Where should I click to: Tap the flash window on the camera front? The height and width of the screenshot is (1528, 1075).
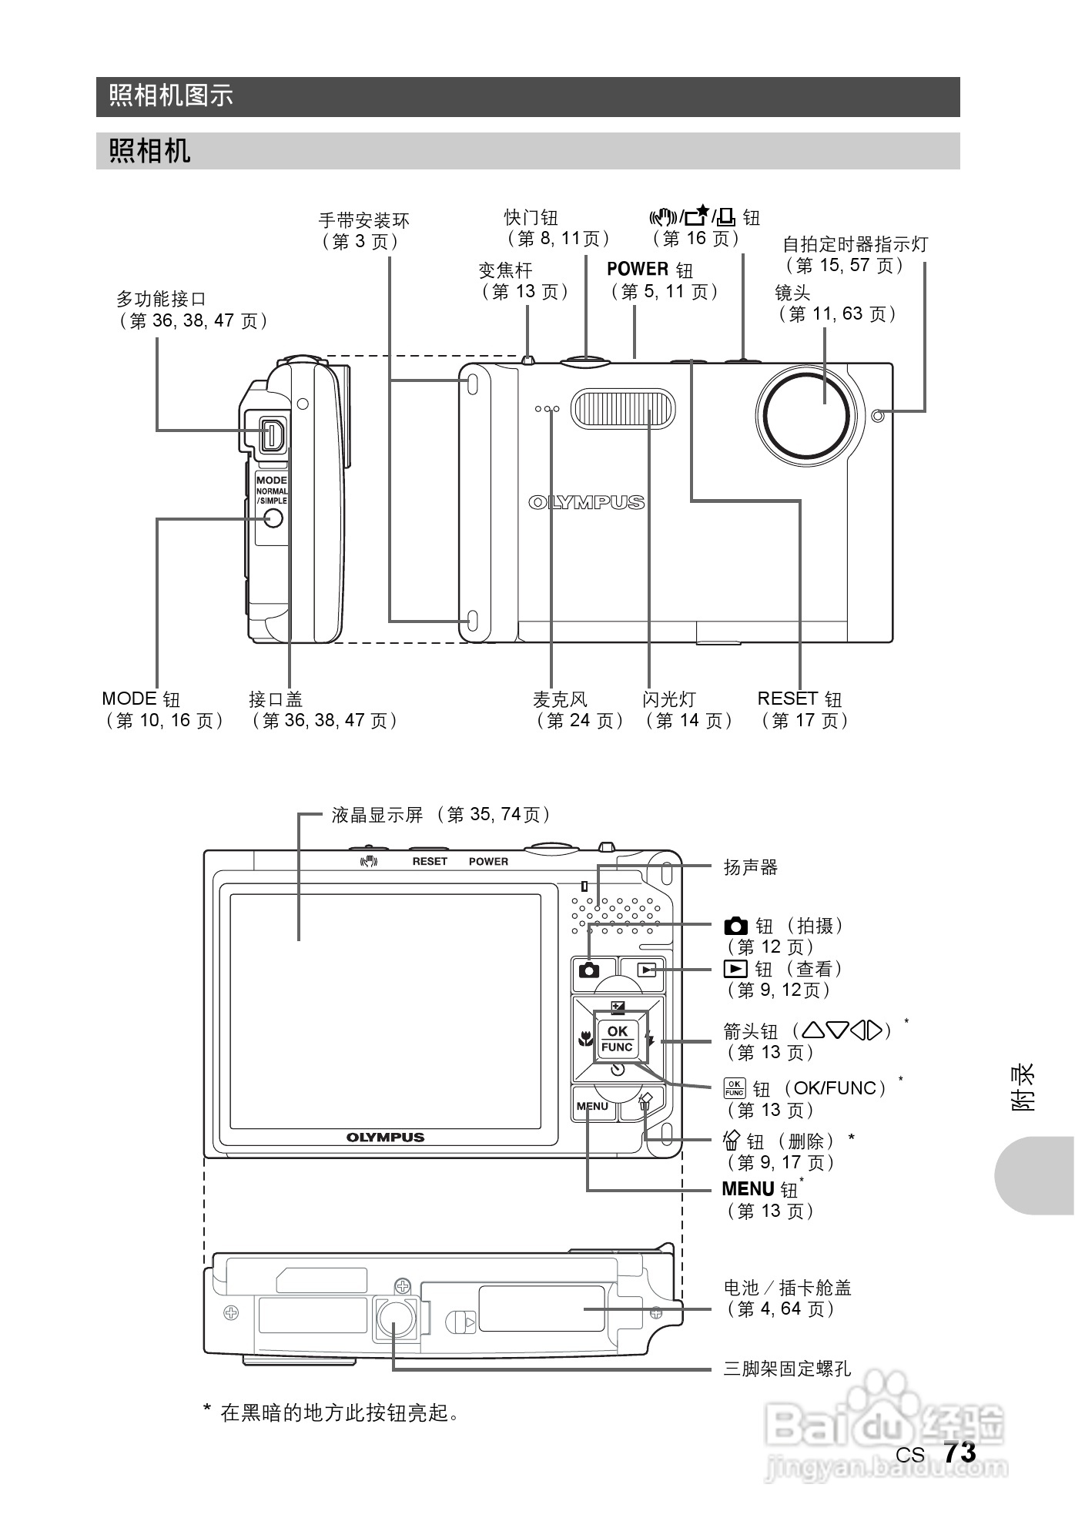pyautogui.click(x=623, y=408)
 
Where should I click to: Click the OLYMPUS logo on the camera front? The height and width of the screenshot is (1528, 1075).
pyautogui.click(x=587, y=503)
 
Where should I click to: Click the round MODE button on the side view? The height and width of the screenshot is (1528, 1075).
pyautogui.click(x=273, y=518)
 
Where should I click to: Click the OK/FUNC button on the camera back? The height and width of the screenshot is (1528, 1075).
pyautogui.click(x=617, y=1038)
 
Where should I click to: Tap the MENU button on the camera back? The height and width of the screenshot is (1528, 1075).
pyautogui.click(x=592, y=1106)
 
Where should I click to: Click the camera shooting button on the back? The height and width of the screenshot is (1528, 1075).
pyautogui.click(x=589, y=970)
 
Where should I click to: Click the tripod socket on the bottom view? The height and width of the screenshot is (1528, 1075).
pyautogui.click(x=397, y=1318)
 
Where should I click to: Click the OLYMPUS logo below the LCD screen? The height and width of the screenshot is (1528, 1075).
pyautogui.click(x=385, y=1138)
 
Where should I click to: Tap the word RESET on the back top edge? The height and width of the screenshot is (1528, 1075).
pyautogui.click(x=430, y=862)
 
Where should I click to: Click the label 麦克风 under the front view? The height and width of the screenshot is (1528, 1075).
pyautogui.click(x=560, y=699)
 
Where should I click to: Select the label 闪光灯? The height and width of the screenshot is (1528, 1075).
pyautogui.click(x=669, y=699)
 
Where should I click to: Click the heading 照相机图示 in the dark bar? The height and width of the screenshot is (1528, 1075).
pyautogui.click(x=171, y=96)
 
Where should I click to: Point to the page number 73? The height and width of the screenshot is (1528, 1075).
pyautogui.click(x=959, y=1453)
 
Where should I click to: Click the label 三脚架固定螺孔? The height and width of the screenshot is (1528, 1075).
pyautogui.click(x=787, y=1369)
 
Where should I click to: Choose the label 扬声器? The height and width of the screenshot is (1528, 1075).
pyautogui.click(x=751, y=867)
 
